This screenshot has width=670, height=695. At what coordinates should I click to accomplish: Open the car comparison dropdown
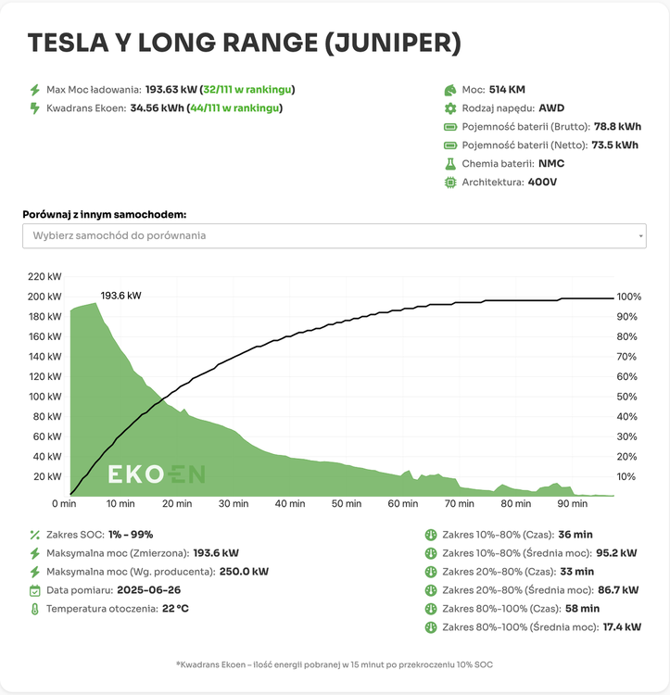[335, 235]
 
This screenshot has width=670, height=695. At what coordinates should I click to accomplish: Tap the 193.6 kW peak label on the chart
[120, 296]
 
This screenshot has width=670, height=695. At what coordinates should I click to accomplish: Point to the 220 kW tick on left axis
[44, 277]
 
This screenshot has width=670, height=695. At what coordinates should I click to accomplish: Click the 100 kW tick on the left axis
[44, 397]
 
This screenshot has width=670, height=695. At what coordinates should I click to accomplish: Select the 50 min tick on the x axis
[346, 504]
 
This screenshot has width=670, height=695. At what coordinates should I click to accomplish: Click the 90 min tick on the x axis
[572, 504]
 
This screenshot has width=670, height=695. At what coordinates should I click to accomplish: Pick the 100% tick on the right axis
[630, 297]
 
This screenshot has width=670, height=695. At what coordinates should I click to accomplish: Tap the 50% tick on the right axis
[627, 397]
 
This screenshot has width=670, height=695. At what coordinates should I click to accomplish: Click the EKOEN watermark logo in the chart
[157, 474]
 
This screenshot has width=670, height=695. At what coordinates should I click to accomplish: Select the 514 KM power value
[507, 90]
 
